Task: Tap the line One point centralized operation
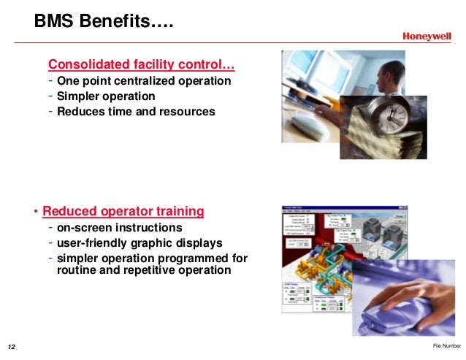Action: click(x=144, y=81)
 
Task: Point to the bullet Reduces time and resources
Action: click(x=136, y=112)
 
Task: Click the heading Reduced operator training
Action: click(x=123, y=212)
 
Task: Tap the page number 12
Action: click(x=12, y=345)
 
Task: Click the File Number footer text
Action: click(x=446, y=345)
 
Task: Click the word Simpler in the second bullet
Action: click(x=77, y=96)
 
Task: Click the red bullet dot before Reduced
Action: click(x=36, y=212)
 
